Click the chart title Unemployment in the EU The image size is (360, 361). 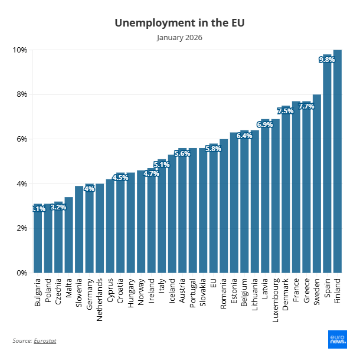tap(179, 23)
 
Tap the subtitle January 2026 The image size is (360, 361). tap(179, 38)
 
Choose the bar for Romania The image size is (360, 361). tap(224, 206)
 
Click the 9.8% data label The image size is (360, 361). tap(327, 60)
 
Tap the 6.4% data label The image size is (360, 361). tap(244, 136)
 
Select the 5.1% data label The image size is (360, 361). tap(162, 165)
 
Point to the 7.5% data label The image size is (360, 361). tap(286, 111)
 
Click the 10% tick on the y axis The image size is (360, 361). tap(20, 50)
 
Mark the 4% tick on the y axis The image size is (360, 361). tap(21, 184)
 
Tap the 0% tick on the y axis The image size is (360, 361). tap(21, 273)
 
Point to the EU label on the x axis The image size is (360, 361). tap(214, 283)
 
